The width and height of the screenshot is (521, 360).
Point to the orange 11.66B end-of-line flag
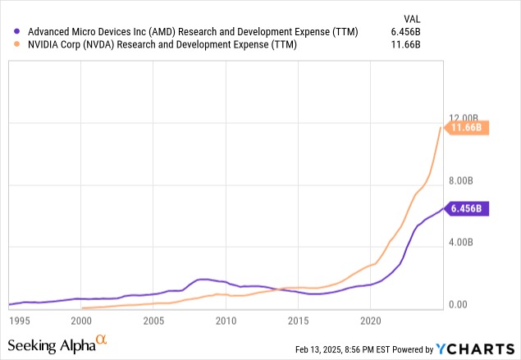pos(467,127)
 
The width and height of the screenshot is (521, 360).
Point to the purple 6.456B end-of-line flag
pos(467,208)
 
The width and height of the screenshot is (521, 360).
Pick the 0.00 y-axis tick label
pos(464,304)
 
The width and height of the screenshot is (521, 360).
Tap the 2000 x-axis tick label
pos(80,319)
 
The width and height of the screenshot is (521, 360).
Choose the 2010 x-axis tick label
pos(226,319)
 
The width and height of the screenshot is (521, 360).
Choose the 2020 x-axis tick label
pos(371,319)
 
